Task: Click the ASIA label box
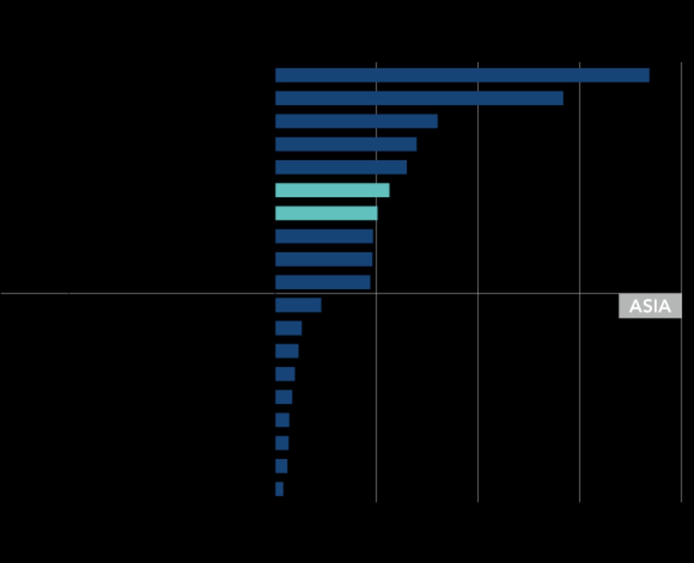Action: click(x=650, y=306)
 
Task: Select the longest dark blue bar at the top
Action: click(x=462, y=75)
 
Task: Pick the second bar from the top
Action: click(x=419, y=98)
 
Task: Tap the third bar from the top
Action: click(x=356, y=121)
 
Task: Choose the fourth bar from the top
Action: click(x=346, y=144)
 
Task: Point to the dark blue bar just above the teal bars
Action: click(x=341, y=167)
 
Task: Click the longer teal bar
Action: click(x=332, y=190)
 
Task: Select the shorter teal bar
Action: click(x=326, y=213)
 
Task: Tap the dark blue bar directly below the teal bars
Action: click(x=324, y=236)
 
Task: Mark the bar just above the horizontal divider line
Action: click(x=323, y=282)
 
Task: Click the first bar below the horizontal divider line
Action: click(x=298, y=305)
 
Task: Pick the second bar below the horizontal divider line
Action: click(x=288, y=328)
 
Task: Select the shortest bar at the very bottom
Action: click(x=279, y=489)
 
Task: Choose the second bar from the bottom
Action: click(x=281, y=466)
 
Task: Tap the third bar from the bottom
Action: click(x=282, y=443)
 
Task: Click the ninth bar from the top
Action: click(x=324, y=259)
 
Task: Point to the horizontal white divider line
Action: click(x=145, y=293)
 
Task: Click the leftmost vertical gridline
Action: click(x=376, y=397)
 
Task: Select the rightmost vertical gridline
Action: click(x=681, y=397)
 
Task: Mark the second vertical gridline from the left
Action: click(x=478, y=397)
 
